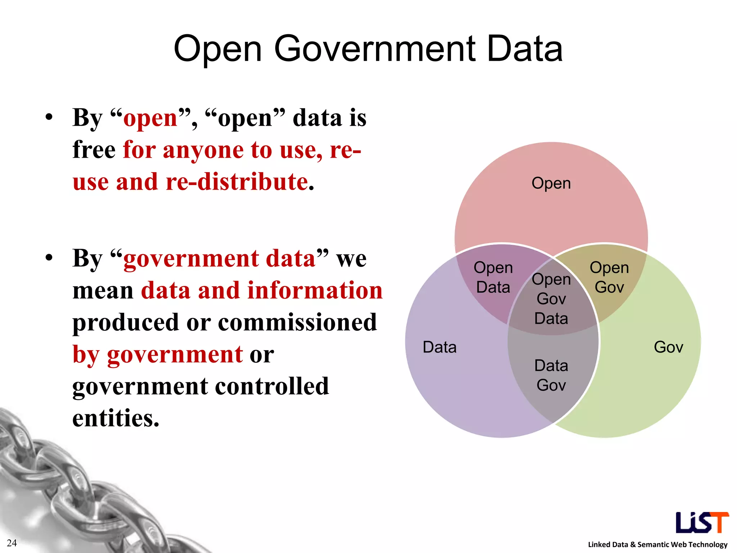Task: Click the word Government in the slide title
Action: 376,49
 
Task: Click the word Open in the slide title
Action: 217,49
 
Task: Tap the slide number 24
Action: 12,543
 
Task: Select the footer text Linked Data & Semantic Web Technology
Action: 657,544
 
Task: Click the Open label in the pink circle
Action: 551,183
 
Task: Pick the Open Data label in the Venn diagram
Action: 493,277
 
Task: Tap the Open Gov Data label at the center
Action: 551,299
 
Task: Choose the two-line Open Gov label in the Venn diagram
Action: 609,277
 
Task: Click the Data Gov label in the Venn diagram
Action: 551,375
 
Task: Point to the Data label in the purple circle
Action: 439,347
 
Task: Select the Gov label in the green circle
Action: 668,347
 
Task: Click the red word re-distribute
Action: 236,181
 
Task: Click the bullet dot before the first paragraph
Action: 49,117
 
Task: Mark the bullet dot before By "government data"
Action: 49,258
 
